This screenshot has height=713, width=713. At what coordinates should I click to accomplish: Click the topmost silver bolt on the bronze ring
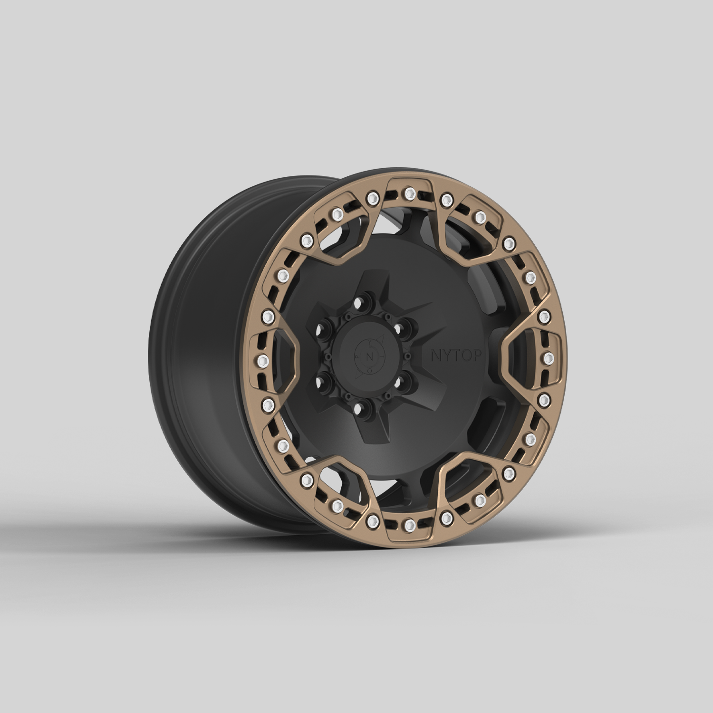[x=408, y=193]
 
